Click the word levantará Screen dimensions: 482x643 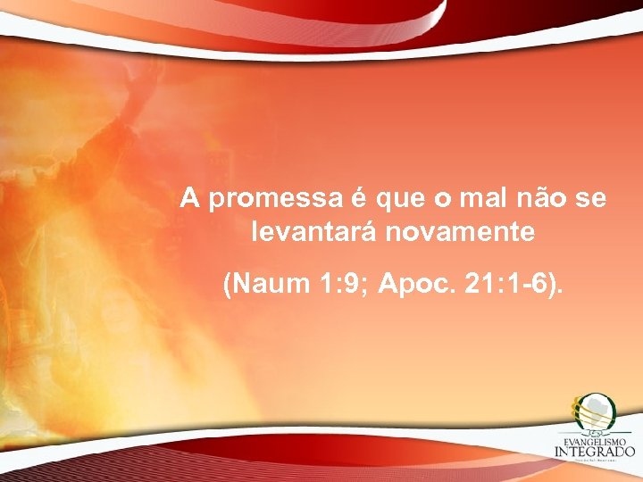[317, 233]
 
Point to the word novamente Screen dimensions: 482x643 [463, 233]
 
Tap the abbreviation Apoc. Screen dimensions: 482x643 [413, 286]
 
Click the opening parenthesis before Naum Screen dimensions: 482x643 [229, 287]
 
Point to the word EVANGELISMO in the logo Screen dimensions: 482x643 [594, 440]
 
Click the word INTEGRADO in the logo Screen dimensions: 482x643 [595, 453]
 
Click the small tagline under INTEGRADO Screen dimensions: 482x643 [595, 463]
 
